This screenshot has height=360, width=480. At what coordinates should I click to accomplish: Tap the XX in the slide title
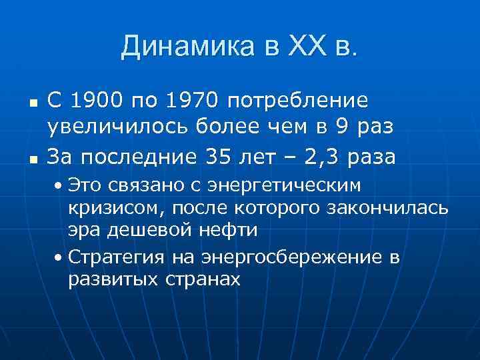(x=308, y=47)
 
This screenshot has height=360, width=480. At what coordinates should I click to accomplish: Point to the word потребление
(x=297, y=101)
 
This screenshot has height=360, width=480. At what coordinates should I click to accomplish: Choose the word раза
(x=371, y=157)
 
